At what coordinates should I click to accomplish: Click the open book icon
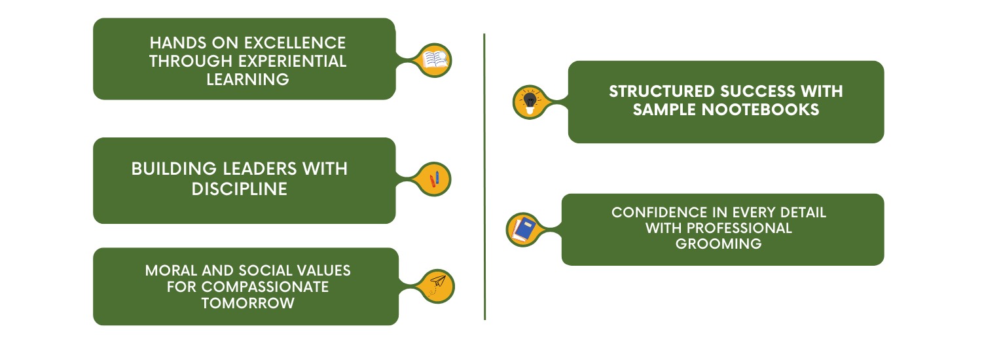[x=435, y=60]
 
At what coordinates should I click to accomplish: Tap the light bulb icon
[x=530, y=102]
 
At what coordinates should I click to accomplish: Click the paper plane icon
[x=437, y=285]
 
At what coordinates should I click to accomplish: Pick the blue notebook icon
[x=524, y=230]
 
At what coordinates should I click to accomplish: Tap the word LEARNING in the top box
[x=247, y=80]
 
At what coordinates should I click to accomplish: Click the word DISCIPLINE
[x=239, y=189]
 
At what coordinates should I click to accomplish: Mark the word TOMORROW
[x=247, y=303]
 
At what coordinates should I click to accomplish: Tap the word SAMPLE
[x=662, y=109]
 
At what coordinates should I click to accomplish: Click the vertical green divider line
[x=484, y=177]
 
